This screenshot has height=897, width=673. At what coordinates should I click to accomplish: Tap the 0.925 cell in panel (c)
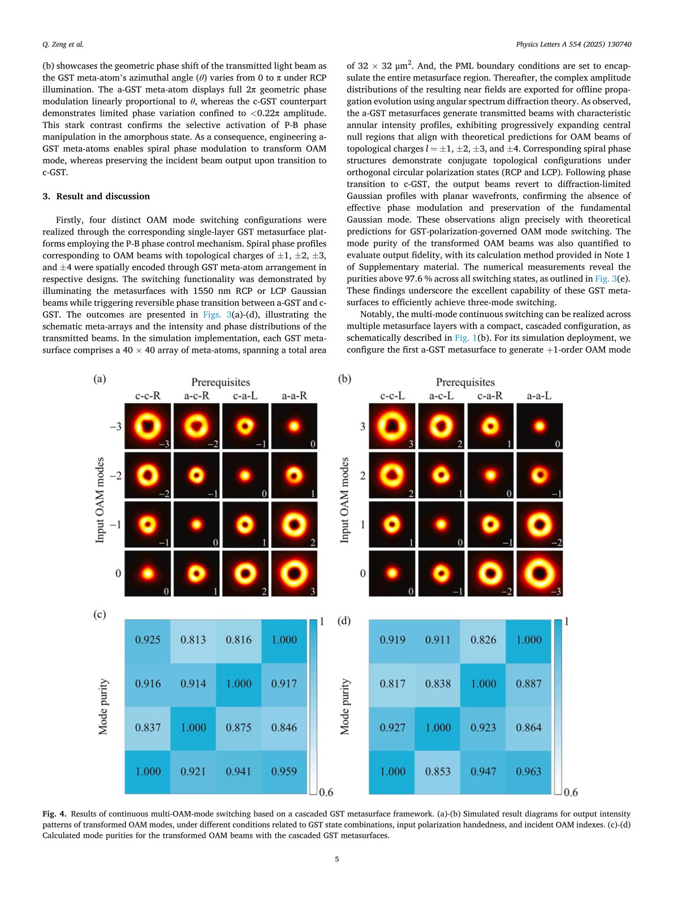[148, 640]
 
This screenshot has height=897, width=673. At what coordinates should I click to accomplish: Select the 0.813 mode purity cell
[193, 640]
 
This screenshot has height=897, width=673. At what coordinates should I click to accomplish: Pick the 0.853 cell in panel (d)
[438, 772]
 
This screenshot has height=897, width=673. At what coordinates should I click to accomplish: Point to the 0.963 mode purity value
[528, 772]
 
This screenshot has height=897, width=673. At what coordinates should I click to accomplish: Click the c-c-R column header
[148, 396]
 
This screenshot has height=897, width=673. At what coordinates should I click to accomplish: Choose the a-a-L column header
[539, 396]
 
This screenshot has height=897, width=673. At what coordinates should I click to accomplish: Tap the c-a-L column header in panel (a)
[245, 396]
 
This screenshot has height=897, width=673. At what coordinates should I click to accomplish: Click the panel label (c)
[100, 614]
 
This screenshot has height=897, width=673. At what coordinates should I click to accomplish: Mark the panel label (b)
[344, 379]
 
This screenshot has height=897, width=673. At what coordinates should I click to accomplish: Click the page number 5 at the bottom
[337, 859]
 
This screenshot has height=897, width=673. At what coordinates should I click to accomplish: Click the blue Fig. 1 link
[465, 338]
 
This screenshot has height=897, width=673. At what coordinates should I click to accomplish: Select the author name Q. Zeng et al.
[63, 44]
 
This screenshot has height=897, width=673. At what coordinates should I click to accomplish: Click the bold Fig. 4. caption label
[54, 814]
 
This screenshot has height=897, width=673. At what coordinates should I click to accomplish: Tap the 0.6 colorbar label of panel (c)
[326, 792]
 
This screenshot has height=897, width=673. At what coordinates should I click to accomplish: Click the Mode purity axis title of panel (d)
[345, 707]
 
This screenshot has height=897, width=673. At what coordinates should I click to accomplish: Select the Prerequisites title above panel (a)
[221, 383]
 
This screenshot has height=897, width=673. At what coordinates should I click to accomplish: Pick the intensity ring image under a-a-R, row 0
[294, 573]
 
